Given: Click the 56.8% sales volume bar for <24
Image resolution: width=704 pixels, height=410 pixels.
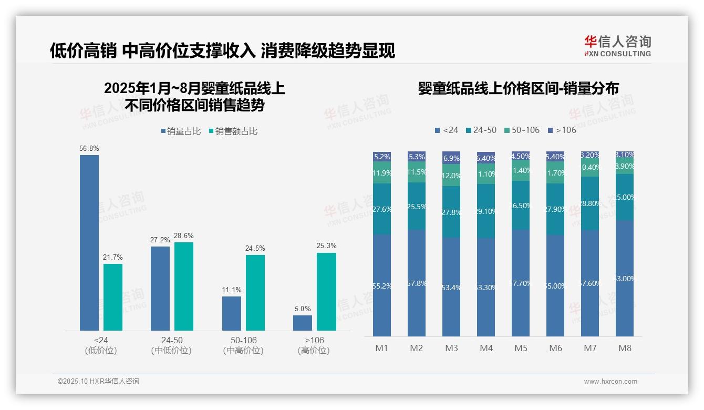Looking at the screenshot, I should coord(89,242).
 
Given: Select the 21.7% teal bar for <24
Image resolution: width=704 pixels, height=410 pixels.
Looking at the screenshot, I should coord(113,297).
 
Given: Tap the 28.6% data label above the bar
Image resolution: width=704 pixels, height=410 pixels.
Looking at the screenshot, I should coord(183,236).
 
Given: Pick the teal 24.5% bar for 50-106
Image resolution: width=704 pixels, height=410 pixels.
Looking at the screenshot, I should coord(255,293).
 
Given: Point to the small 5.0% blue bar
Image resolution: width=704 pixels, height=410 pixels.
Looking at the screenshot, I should coord(303,323).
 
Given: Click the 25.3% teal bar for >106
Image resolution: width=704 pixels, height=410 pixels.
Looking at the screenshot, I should coord(326,292).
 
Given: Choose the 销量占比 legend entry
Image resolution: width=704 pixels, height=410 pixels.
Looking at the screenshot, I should coord(180,131).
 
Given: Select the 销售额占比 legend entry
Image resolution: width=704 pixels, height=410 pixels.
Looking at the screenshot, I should coord(233,131).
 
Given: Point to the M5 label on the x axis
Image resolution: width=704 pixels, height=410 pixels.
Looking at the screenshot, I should coord(521,348).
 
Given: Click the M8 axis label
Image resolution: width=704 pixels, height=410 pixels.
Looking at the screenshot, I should coord(625,348).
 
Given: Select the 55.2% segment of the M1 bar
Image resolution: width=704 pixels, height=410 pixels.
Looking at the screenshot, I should coord(381,285).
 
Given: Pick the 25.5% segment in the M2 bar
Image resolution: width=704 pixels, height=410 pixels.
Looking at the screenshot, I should coord(417,206).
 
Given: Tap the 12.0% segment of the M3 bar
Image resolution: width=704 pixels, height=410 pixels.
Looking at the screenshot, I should coord(451,175).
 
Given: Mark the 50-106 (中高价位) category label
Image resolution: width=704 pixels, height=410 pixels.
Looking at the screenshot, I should coord(243,345).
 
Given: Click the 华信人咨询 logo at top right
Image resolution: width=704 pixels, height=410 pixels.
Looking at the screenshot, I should coord(617,46).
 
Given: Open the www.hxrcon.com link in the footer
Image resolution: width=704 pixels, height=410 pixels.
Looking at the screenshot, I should coord(610,382).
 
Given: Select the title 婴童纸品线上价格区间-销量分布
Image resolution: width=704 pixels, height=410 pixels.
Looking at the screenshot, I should coord(518,88).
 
